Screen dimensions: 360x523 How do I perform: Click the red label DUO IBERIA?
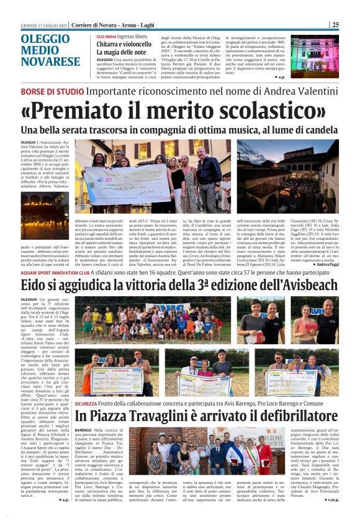coord(106,37)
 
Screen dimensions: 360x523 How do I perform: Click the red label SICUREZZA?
coord(86,403)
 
